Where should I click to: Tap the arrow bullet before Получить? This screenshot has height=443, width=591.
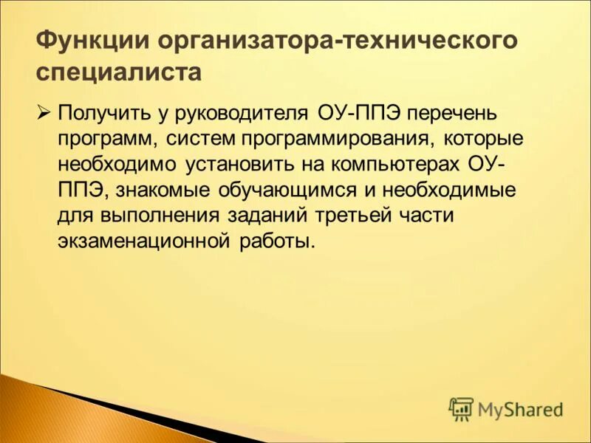click(x=43, y=113)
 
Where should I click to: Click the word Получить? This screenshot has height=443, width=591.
click(x=102, y=114)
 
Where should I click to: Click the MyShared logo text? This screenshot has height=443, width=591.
click(x=521, y=408)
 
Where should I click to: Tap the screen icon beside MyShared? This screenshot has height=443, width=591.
click(x=461, y=408)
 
